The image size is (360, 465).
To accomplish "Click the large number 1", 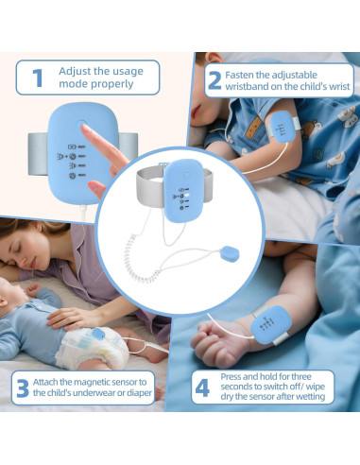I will click(x=38, y=77).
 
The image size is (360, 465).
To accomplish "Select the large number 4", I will click(x=201, y=387).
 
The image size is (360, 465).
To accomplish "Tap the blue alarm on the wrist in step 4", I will click(x=267, y=324).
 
